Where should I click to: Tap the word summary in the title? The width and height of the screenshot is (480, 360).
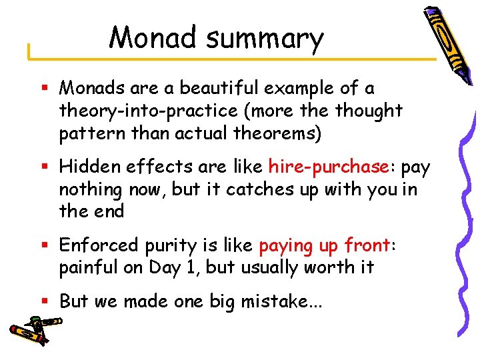point(265,40)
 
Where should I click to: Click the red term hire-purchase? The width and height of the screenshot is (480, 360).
point(328,167)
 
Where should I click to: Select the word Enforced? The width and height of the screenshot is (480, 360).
point(99,245)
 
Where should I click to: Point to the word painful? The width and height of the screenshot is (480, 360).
point(87,268)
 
